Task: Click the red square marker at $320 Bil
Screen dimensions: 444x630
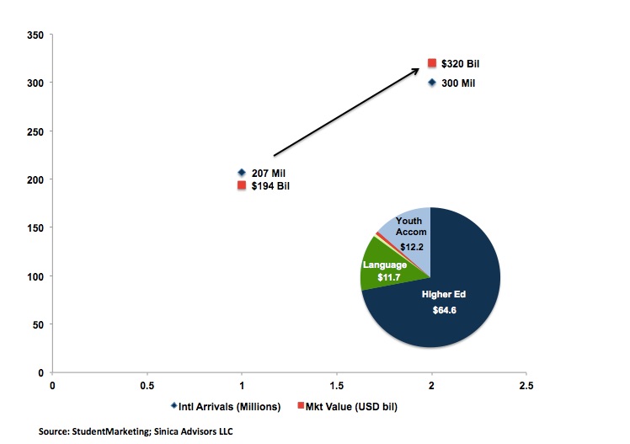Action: coord(432,63)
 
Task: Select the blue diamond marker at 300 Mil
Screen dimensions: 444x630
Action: coord(432,83)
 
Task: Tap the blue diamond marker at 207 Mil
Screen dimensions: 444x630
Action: coord(242,173)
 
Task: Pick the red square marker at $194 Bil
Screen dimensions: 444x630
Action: coord(242,185)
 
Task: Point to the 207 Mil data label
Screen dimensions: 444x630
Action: coord(269,173)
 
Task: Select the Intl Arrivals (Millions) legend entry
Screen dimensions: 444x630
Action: coord(225,407)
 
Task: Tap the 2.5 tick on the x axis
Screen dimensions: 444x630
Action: coord(526,386)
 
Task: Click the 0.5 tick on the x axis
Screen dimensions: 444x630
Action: coord(147,386)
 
